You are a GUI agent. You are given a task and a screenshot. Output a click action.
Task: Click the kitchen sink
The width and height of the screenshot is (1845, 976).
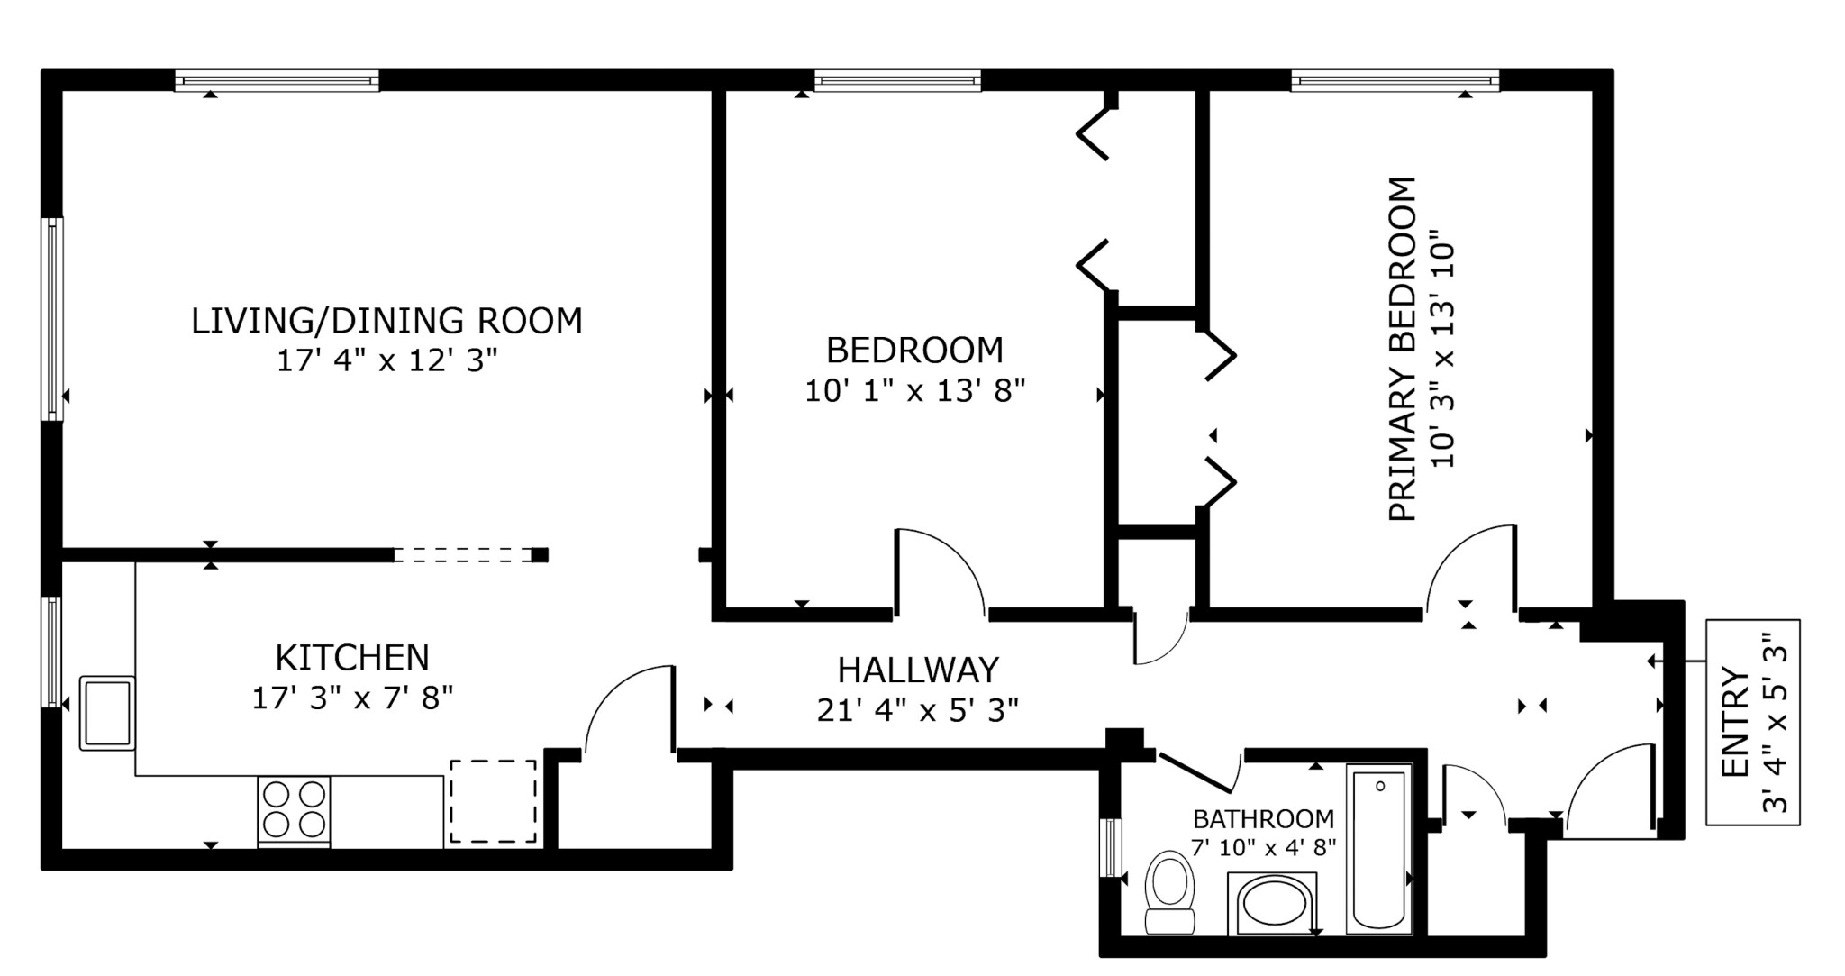107,712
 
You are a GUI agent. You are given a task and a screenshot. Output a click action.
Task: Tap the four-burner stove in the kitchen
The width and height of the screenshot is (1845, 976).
294,809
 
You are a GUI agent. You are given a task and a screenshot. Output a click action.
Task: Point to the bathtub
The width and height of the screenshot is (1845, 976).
1378,847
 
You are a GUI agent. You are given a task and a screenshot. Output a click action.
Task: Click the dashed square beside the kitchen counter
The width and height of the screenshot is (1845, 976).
493,801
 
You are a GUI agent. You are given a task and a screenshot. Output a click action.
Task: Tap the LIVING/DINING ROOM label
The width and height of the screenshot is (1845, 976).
386,321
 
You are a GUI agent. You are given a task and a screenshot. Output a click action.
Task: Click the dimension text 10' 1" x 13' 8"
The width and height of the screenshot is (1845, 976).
914,391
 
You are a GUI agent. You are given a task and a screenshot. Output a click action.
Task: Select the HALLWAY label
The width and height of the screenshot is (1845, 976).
918,670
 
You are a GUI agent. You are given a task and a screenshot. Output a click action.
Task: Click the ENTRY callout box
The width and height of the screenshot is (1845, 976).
1752,722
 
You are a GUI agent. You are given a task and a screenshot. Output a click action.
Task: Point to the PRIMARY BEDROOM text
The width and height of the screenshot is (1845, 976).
1403,349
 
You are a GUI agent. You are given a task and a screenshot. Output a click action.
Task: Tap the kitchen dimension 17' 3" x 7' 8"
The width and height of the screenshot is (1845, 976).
351,698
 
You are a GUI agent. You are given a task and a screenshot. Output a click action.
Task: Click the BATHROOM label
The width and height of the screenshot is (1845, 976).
1263,819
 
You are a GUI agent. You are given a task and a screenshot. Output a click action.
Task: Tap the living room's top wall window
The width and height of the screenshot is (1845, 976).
277,81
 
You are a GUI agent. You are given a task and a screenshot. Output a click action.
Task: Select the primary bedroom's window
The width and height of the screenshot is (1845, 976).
1395,81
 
